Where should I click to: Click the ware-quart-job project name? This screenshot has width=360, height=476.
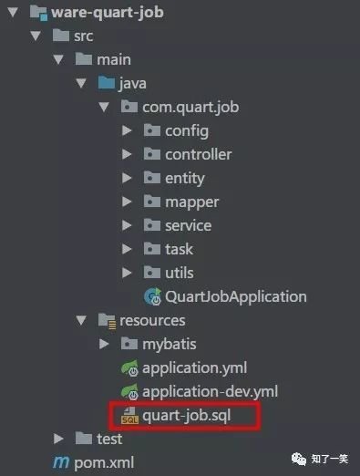(x=106, y=13)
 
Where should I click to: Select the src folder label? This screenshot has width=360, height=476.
(x=85, y=36)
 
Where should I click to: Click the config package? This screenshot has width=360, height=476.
(x=187, y=131)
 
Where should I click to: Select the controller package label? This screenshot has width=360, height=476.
(x=198, y=154)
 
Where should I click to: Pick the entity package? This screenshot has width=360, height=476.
(x=185, y=178)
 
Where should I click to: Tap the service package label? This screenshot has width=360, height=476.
(x=188, y=225)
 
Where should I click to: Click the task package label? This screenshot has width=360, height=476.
(x=179, y=249)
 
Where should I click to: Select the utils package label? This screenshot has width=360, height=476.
(x=180, y=273)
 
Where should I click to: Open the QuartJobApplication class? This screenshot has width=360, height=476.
(x=236, y=296)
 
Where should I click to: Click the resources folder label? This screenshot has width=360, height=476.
(x=152, y=320)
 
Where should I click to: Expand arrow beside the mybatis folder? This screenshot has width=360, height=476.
(x=104, y=345)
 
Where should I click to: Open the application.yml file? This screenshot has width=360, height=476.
(x=194, y=368)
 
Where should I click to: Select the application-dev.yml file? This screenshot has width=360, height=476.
(x=210, y=392)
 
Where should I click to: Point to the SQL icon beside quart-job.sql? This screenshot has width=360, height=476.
(x=129, y=417)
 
